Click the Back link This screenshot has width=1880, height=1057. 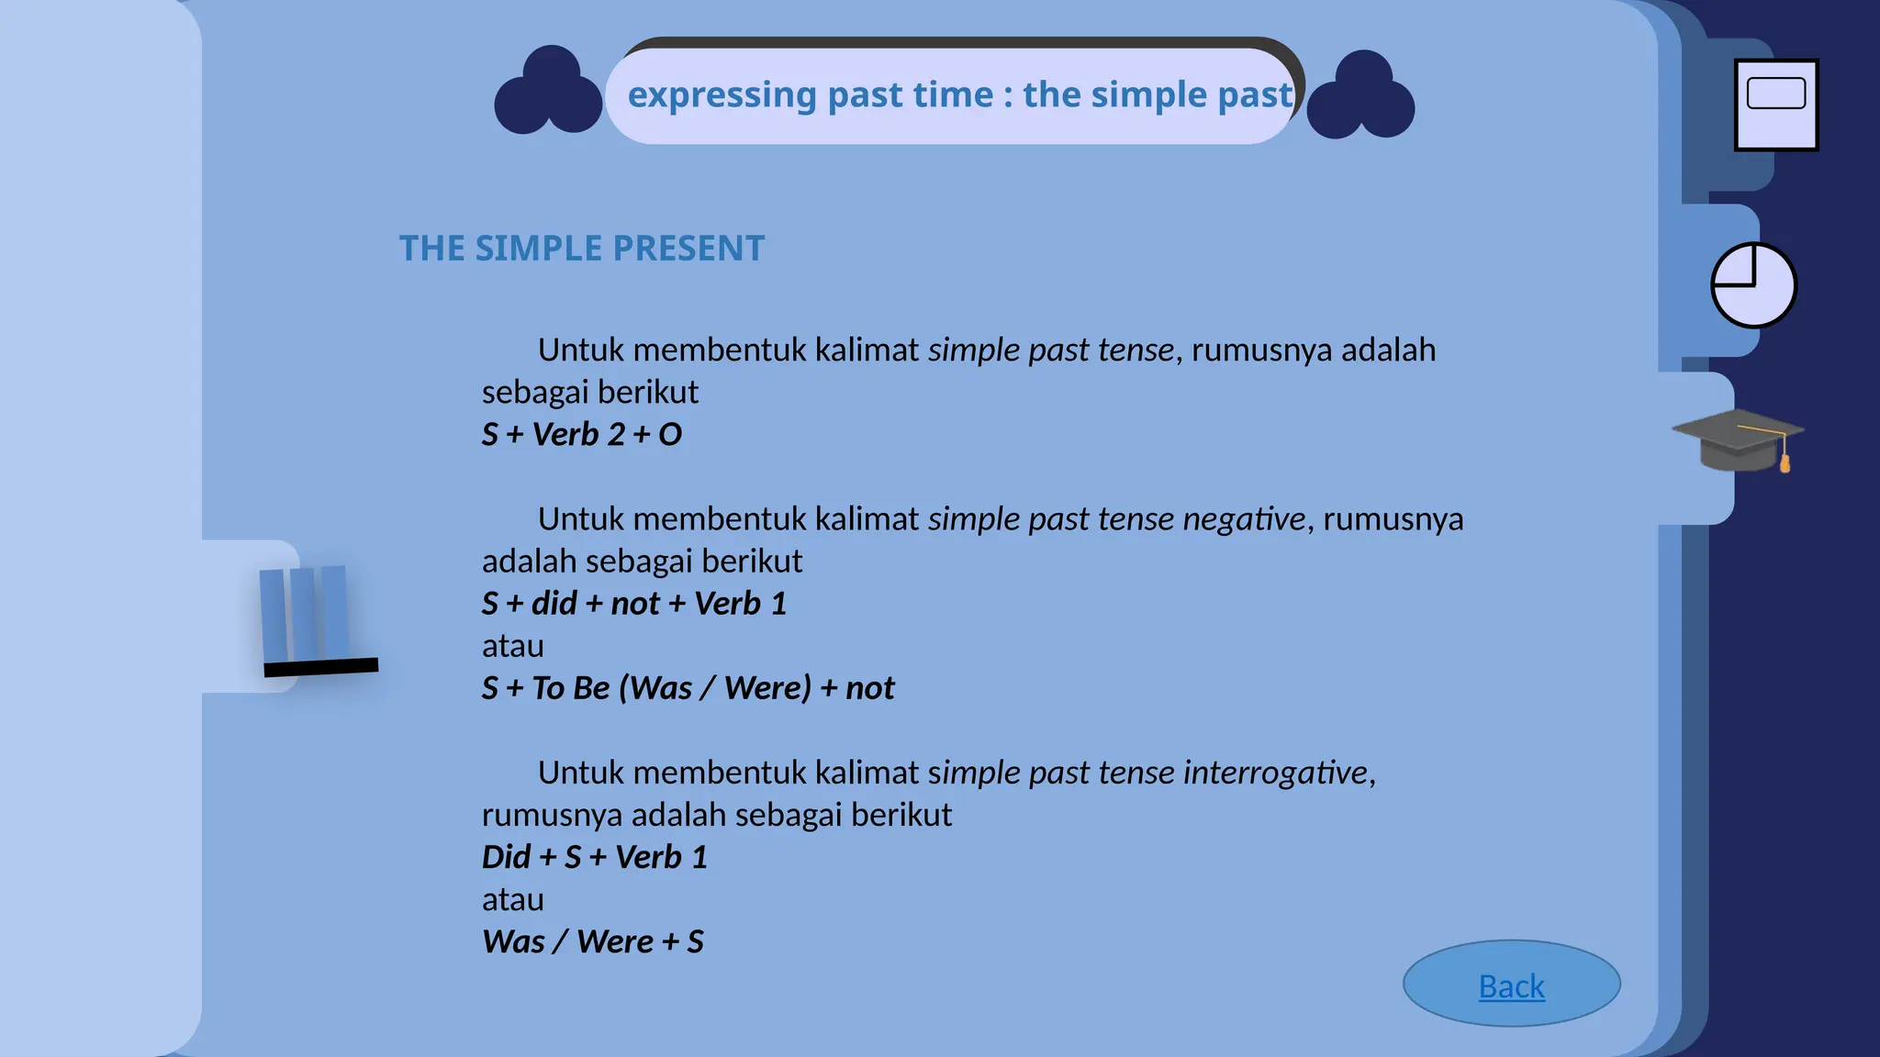pyautogui.click(x=1511, y=986)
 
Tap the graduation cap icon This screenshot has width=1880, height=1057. pyautogui.click(x=1737, y=441)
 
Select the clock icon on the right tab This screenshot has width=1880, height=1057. pyautogui.click(x=1753, y=285)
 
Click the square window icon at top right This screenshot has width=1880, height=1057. pyautogui.click(x=1776, y=105)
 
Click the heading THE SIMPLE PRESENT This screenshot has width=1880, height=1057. pyautogui.click(x=581, y=249)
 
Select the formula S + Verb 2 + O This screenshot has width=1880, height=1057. pyautogui.click(x=582, y=434)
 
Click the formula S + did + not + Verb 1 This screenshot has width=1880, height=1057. pyautogui.click(x=634, y=604)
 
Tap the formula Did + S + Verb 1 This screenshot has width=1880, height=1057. pyautogui.click(x=595, y=857)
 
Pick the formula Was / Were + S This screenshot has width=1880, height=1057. pyautogui.click(x=593, y=941)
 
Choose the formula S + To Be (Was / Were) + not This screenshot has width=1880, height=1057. pyautogui.click(x=688, y=688)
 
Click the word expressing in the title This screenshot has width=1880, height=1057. pyautogui.click(x=722, y=95)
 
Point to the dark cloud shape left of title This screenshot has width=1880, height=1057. pyautogui.click(x=548, y=93)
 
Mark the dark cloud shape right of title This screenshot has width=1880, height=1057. pyautogui.click(x=1360, y=96)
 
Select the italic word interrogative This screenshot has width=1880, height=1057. pyautogui.click(x=1275, y=773)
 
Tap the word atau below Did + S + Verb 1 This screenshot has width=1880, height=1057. pyautogui.click(x=512, y=899)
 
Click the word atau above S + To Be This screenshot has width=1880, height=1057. pyautogui.click(x=512, y=646)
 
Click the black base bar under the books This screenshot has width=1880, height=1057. pyautogui.click(x=321, y=667)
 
